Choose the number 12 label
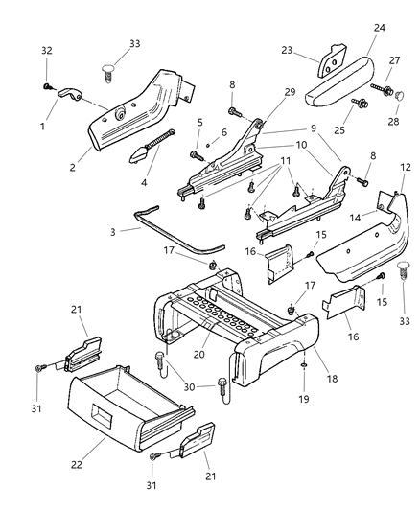click(405, 168)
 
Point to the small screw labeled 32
click(46, 86)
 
